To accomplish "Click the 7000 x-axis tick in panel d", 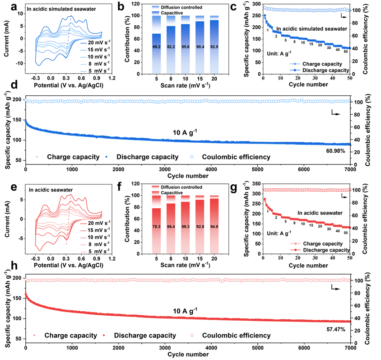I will (x=350, y=169).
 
